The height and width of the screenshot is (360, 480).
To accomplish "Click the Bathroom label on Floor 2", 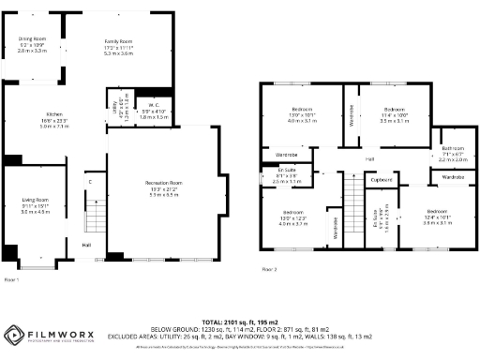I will [453, 151].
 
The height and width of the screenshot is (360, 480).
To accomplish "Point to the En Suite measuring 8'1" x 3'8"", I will [272, 177].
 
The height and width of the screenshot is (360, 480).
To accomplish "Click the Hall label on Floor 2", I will [368, 160].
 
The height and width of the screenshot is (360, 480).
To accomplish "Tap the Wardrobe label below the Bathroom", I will [453, 176].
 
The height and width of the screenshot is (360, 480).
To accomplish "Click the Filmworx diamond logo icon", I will [16, 335].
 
